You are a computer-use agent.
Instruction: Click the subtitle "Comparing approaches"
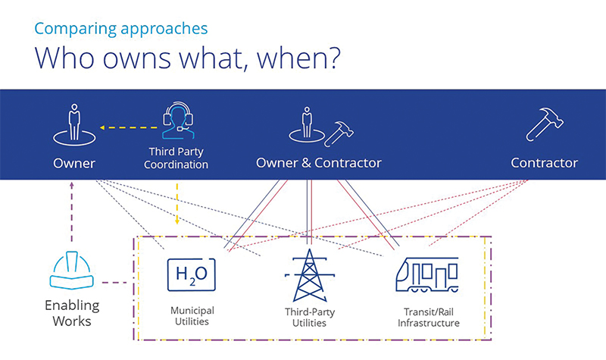tap(121, 29)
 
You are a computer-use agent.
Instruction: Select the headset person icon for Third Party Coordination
tap(178, 121)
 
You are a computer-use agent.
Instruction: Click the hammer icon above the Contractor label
tap(545, 124)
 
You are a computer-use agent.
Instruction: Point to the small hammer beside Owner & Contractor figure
tap(339, 134)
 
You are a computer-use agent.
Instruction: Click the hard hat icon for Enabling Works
tap(71, 271)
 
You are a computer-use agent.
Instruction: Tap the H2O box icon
tap(192, 274)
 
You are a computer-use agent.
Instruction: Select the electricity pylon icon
tap(310, 275)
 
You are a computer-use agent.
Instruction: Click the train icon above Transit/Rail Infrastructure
tap(427, 274)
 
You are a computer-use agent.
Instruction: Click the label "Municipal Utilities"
tap(192, 316)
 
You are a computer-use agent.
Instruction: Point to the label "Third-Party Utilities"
tap(310, 317)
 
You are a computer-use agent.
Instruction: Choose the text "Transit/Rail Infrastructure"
tap(429, 317)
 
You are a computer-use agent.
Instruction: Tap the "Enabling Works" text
tap(72, 313)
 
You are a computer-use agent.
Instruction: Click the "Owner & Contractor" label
tap(318, 163)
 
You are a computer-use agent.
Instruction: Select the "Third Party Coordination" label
tap(176, 158)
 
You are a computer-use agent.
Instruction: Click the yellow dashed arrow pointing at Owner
tap(129, 127)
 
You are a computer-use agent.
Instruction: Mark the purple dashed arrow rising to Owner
tap(71, 211)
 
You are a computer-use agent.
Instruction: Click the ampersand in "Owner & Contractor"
tap(306, 163)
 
